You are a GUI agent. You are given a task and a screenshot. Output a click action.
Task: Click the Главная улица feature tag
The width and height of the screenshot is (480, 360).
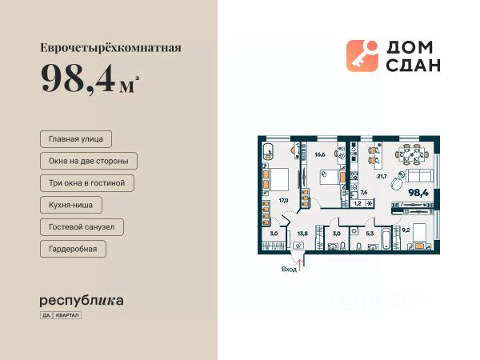point(75,138)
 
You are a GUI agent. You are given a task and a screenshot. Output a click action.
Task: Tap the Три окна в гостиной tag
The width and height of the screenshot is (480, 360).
point(86,183)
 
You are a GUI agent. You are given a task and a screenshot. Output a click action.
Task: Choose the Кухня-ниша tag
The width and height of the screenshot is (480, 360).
point(71,206)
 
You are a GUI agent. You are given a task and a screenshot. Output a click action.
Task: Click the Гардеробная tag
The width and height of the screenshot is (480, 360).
point(72,250)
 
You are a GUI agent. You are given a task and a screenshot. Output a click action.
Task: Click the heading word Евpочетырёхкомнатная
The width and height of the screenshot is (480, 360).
point(110,47)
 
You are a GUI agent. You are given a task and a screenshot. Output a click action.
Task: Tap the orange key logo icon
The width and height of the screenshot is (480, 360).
point(362,56)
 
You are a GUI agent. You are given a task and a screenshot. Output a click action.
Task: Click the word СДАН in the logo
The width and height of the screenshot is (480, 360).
point(413,66)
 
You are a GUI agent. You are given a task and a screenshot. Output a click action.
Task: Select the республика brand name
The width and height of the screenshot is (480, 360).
point(82,301)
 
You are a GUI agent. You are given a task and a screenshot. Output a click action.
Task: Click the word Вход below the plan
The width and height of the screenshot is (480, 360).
point(289,270)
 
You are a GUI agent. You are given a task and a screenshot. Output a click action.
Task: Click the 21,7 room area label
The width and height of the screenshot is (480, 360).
point(382,176)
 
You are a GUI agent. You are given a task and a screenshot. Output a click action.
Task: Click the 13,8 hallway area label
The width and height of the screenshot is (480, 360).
point(303,233)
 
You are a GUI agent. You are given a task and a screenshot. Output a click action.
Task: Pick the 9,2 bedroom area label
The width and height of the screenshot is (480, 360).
point(406,230)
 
